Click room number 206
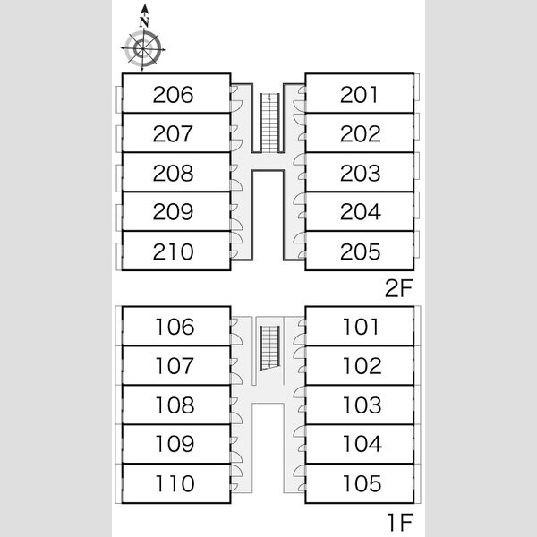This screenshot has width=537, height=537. coord(173,95)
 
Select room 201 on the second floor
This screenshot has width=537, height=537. coord(359,95)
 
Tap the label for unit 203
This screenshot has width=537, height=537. coord(361,173)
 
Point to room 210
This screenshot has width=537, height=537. coord(173,251)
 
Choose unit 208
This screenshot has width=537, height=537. coord(173,173)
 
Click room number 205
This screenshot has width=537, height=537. coord(361,251)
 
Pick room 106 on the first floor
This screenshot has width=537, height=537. coord(175,327)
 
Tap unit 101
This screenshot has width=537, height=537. coord(361,327)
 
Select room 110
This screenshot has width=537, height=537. coord(175,483)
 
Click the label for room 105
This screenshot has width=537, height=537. coord(362,483)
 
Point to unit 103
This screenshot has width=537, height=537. coord(362,405)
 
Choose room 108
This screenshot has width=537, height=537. coord(175,405)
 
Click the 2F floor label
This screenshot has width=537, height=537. coord(398,288)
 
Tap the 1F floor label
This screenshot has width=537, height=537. coord(400,523)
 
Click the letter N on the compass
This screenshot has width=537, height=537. coord(144,22)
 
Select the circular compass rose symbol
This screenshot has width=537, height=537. coord(143,49)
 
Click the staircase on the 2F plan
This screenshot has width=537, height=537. coord(270,123)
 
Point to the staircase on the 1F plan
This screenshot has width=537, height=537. coord(270,348)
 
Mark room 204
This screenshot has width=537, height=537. coord(361,211)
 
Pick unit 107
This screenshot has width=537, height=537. coord(175,366)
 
